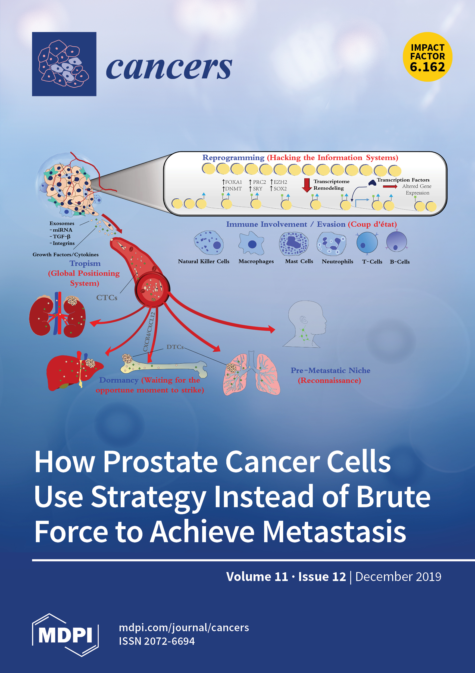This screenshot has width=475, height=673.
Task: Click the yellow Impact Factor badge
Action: (427, 57)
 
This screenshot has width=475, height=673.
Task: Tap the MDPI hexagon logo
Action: (65, 635)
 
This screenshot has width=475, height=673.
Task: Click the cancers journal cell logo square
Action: (64, 64)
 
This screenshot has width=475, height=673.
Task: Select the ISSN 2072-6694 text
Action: (157, 641)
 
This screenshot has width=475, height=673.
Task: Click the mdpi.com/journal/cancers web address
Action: (184, 628)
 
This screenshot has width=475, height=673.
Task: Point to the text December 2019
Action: (398, 577)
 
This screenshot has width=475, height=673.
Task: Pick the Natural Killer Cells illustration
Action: (209, 243)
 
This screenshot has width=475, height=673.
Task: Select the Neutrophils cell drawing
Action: (332, 244)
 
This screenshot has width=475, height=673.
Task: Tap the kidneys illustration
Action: (58, 315)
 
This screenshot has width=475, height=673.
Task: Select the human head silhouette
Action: (305, 324)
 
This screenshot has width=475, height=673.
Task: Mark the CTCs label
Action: (107, 297)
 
